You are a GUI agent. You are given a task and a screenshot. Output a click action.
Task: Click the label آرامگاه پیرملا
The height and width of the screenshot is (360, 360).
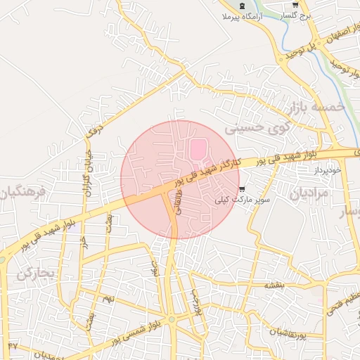coord(242,16)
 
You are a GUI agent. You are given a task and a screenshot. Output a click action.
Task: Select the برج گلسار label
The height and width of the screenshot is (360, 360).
coord(290,15)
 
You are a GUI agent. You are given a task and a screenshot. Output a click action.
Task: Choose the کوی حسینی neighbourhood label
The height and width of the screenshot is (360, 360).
coord(255,128)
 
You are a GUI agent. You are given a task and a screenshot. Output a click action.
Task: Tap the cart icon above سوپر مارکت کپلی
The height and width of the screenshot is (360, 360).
coord(243,189)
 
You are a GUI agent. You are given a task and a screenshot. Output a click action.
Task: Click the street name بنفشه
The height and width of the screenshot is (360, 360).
coord(274,285)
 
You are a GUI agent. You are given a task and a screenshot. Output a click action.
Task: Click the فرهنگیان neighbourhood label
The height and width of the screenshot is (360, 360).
coord(21,193)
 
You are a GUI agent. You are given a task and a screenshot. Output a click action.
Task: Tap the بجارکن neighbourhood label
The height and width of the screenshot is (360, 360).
coord(34,272)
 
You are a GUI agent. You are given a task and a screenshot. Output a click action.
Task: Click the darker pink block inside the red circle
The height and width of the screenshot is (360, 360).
coord(199,150)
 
